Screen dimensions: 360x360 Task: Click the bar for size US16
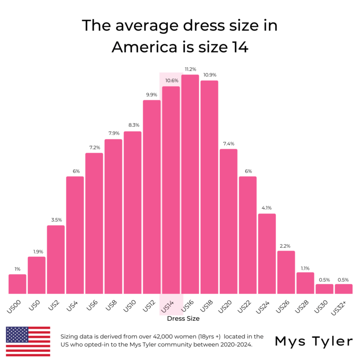(190, 184)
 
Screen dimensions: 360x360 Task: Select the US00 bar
(17, 284)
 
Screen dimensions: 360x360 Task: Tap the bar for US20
(228, 221)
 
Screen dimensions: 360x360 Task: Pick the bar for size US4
(75, 235)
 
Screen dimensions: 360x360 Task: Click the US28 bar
(305, 283)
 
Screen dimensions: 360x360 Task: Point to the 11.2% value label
(190, 69)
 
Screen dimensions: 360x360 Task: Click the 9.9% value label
(152, 95)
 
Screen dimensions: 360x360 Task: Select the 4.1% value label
(267, 208)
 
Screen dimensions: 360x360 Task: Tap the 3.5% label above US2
(56, 220)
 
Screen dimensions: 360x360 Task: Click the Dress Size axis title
(183, 318)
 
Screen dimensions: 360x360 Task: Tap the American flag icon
(28, 341)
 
